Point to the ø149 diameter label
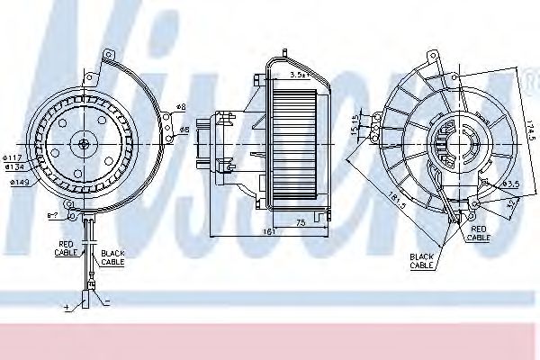pos(21,184)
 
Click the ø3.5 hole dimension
pos(511,184)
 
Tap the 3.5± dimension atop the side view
pos(298,76)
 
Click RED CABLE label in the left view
pos(68,247)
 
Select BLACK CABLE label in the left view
pos(112,257)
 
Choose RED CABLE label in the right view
pos(479,234)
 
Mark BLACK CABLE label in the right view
pos(423,261)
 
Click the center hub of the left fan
pos(83,142)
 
